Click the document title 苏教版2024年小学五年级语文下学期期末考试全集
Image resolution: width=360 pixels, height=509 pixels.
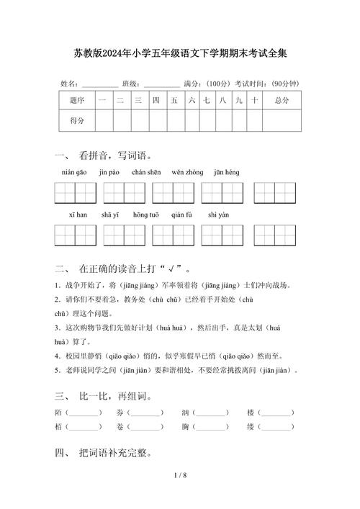(x=180, y=53)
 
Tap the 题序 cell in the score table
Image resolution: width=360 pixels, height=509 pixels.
(x=76, y=101)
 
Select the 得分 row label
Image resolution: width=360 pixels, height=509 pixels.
(x=76, y=121)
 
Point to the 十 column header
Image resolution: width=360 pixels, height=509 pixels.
(x=254, y=101)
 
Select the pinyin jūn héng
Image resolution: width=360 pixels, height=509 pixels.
(x=226, y=172)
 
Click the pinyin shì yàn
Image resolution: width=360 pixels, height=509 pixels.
(x=218, y=215)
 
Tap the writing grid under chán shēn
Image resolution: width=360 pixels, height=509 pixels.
(x=173, y=193)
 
